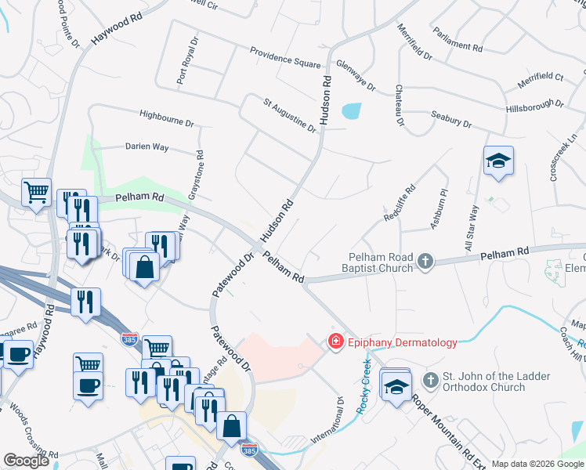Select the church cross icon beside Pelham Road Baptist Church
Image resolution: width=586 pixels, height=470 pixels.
(425, 261)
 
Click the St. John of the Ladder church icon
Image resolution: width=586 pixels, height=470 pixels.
(430, 381)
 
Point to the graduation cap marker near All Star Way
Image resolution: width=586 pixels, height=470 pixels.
(498, 161)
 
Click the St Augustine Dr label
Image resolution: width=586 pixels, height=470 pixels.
(289, 114)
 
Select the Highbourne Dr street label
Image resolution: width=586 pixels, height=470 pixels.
(166, 117)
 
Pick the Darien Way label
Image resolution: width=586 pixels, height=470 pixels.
(147, 146)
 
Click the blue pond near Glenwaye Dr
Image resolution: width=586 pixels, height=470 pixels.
(352, 111)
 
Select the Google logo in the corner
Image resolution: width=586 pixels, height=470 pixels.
(25, 461)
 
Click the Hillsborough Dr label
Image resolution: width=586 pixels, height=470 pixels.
(534, 104)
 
